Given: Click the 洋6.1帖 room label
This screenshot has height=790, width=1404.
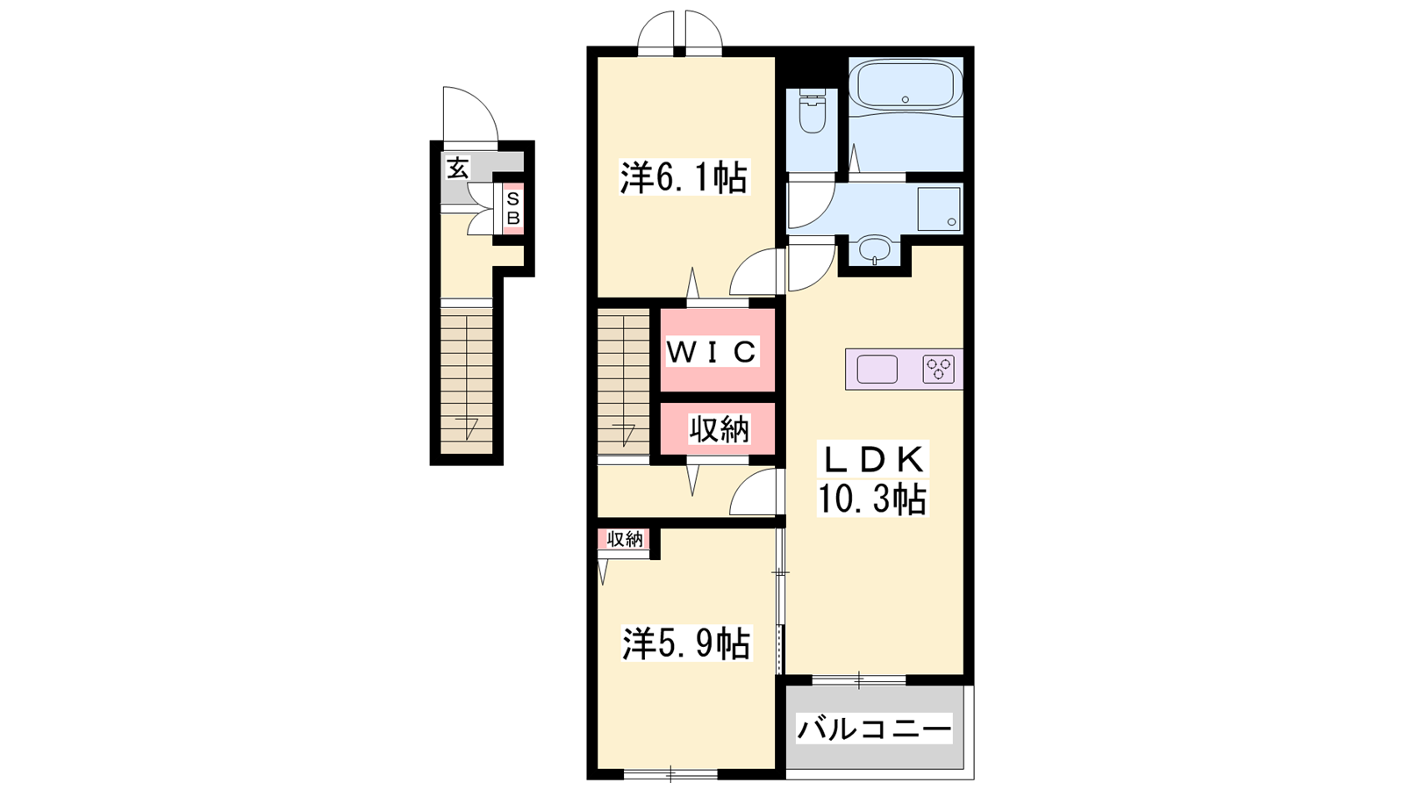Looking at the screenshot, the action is (684, 177).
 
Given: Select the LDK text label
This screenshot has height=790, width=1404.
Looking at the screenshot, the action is (872, 460).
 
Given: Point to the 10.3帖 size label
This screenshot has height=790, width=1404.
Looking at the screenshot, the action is (872, 499).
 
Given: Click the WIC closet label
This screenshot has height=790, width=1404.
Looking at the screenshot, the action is (712, 352).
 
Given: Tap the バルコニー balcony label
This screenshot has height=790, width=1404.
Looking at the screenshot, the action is (874, 729).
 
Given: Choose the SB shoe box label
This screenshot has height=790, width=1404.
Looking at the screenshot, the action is (513, 209).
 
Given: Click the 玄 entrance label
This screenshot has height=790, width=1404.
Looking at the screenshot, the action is (457, 168).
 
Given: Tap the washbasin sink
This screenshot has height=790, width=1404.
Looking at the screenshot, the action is (874, 249).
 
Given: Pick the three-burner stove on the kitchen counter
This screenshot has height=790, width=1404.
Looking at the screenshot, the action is (938, 369).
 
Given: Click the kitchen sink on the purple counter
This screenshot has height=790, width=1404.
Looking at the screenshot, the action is (877, 369).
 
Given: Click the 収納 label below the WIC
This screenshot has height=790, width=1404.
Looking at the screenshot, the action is (720, 429).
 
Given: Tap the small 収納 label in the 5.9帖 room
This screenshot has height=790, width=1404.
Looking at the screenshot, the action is (625, 539).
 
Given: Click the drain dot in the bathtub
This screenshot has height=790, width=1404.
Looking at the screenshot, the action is (905, 99).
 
